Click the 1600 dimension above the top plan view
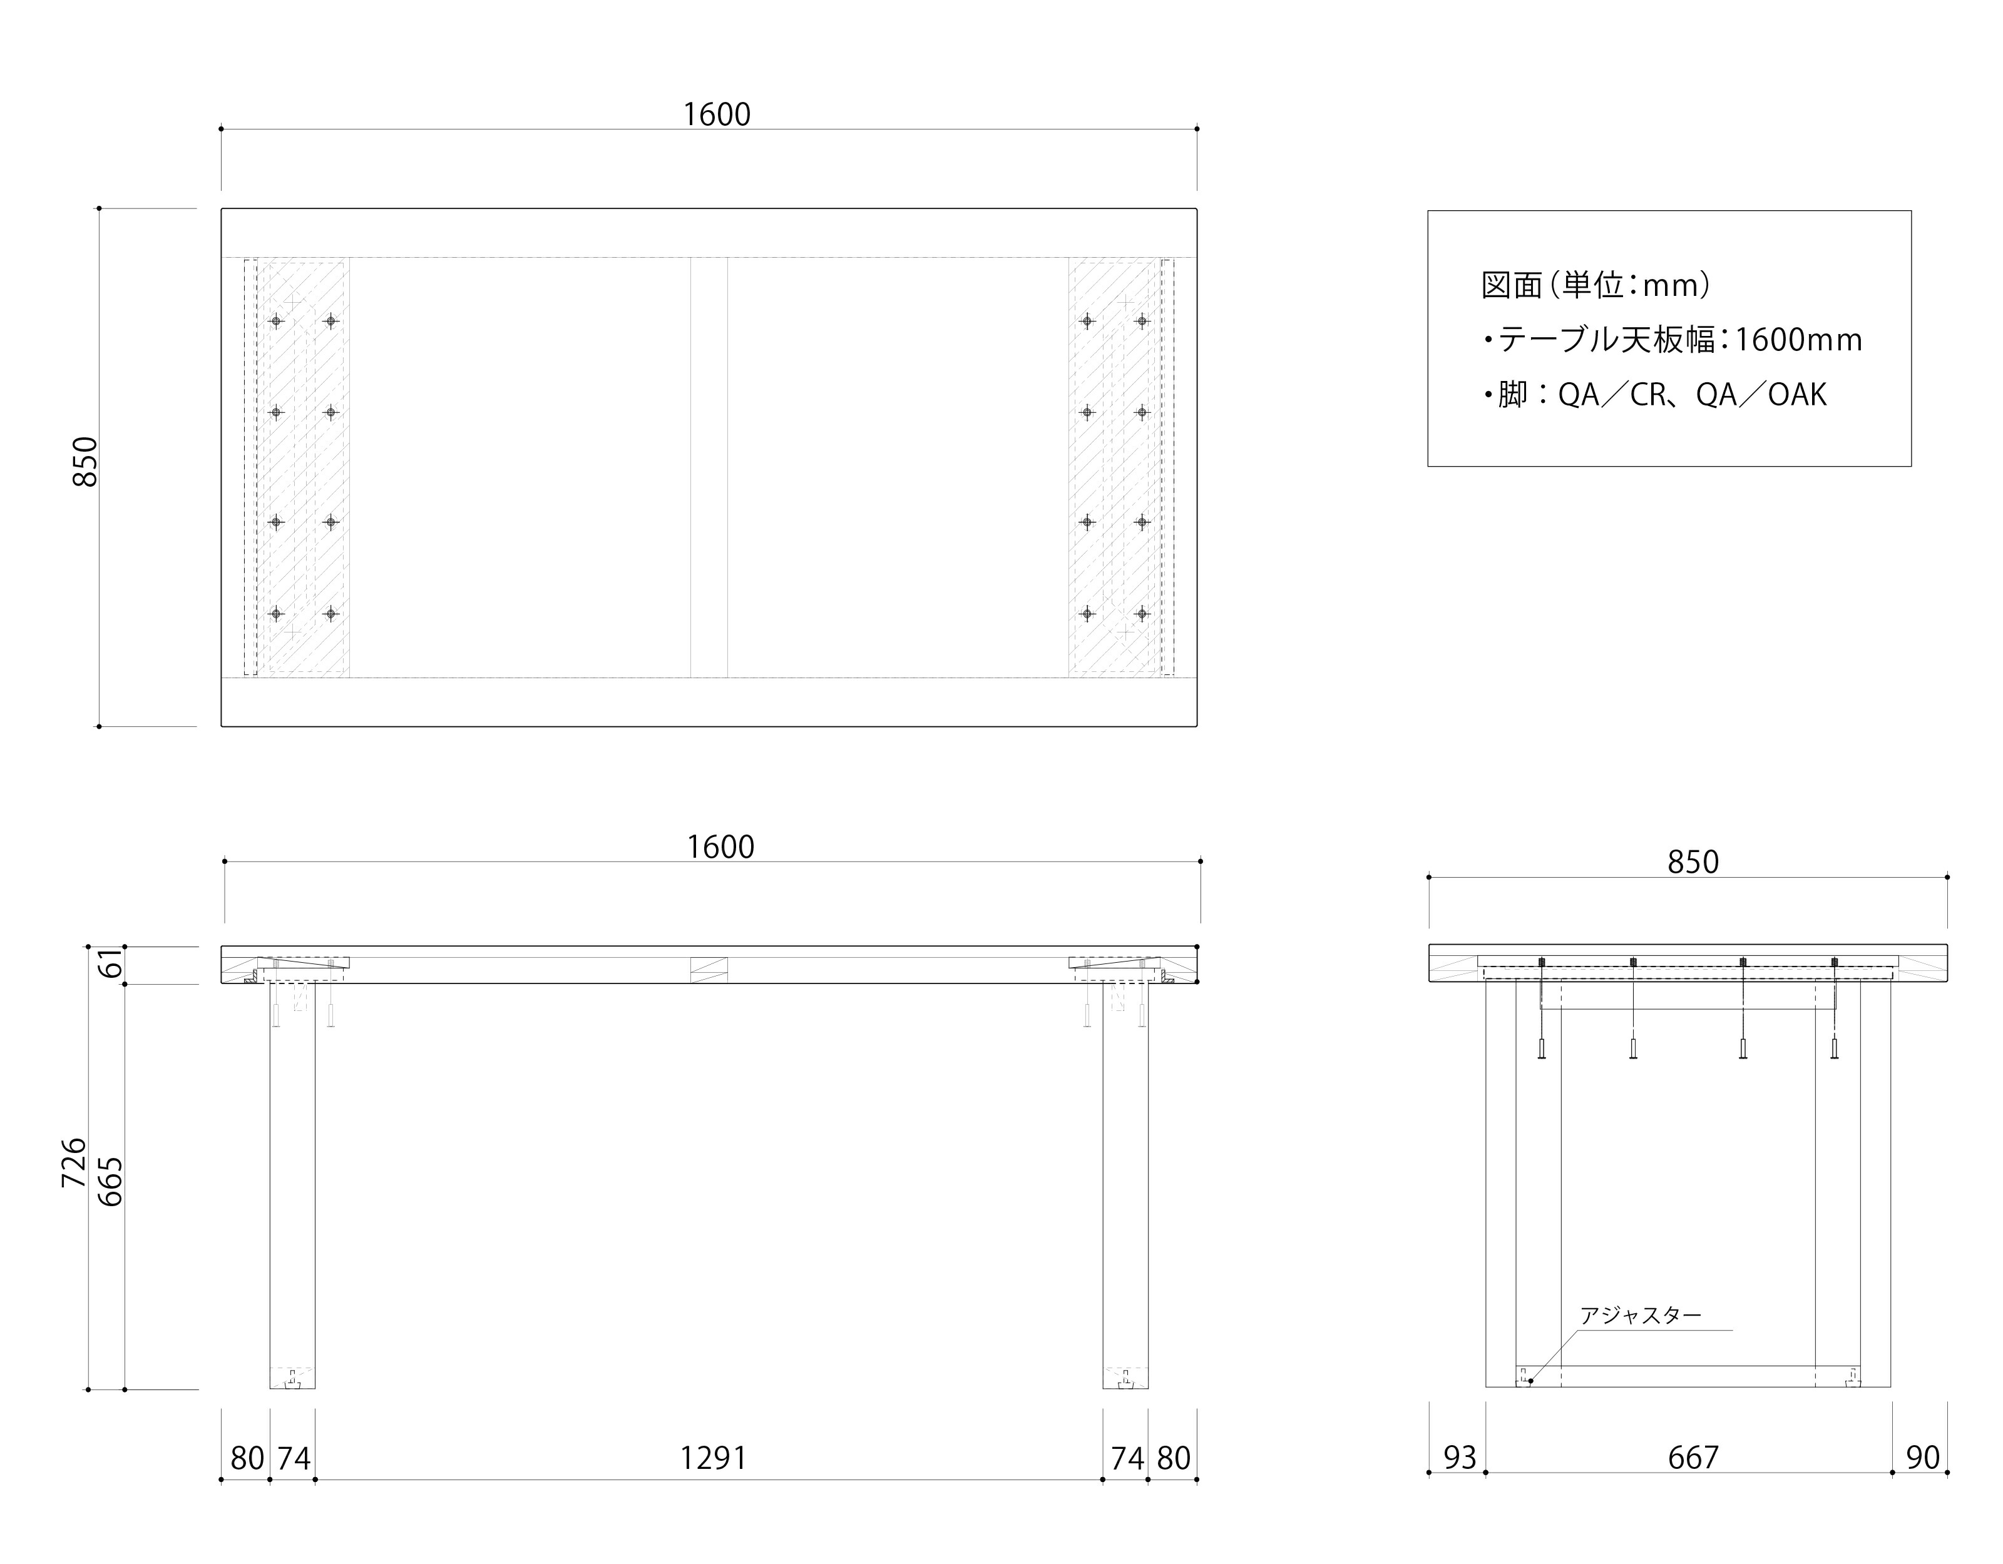[x=716, y=114]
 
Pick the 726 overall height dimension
[x=73, y=1162]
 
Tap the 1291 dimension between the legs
[x=712, y=1458]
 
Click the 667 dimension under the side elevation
[x=1692, y=1457]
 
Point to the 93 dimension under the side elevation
[x=1459, y=1457]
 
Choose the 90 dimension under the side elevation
[x=1922, y=1457]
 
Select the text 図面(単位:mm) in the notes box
[x=1595, y=285]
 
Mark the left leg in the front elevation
[x=292, y=1182]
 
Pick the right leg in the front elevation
[x=1125, y=1182]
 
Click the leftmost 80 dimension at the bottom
[x=247, y=1458]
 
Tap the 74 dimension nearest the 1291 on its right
[x=1127, y=1458]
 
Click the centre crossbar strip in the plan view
[x=709, y=467]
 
